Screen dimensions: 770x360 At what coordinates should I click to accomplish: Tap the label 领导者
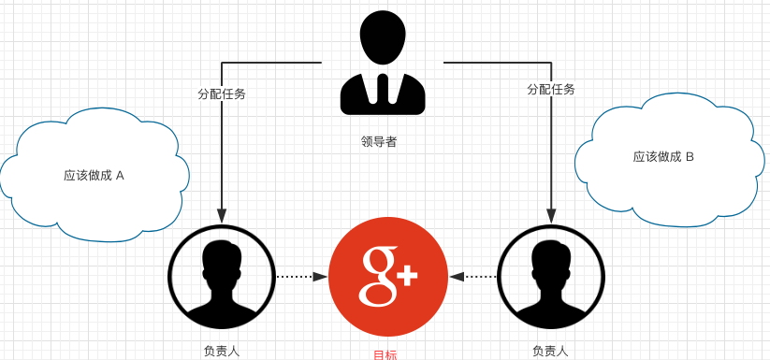[x=379, y=142]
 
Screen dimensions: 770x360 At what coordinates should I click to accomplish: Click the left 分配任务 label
[x=222, y=94]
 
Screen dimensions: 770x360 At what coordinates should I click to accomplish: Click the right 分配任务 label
[x=551, y=90]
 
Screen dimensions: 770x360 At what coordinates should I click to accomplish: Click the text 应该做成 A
[x=94, y=175]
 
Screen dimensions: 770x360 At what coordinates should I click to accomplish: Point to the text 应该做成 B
[x=663, y=157]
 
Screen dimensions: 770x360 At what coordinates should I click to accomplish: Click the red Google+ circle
[x=387, y=277]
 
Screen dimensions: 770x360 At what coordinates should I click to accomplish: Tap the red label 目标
[x=385, y=355]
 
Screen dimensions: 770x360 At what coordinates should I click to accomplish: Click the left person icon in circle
[x=221, y=277]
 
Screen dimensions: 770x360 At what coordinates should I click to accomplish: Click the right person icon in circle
[x=551, y=277]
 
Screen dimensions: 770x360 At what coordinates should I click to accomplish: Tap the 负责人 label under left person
[x=221, y=352]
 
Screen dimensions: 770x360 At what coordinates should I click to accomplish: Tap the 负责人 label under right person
[x=550, y=352]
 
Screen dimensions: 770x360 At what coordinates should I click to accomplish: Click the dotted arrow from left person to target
[x=300, y=277]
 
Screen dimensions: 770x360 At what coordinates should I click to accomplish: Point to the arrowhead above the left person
[x=222, y=217]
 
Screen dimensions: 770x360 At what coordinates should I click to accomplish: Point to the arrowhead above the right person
[x=551, y=217]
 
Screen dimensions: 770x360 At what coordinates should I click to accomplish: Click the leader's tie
[x=383, y=90]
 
